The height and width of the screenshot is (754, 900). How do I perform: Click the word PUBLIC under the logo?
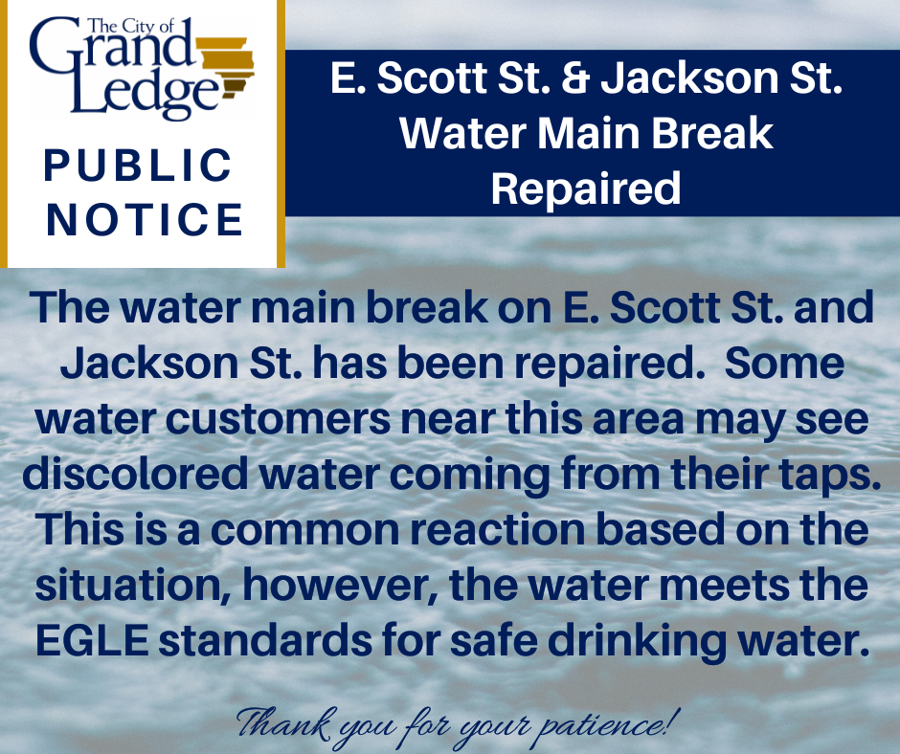(139, 166)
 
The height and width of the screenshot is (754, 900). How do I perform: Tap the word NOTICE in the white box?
(145, 219)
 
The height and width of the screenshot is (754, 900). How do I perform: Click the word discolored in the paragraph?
(152, 476)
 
